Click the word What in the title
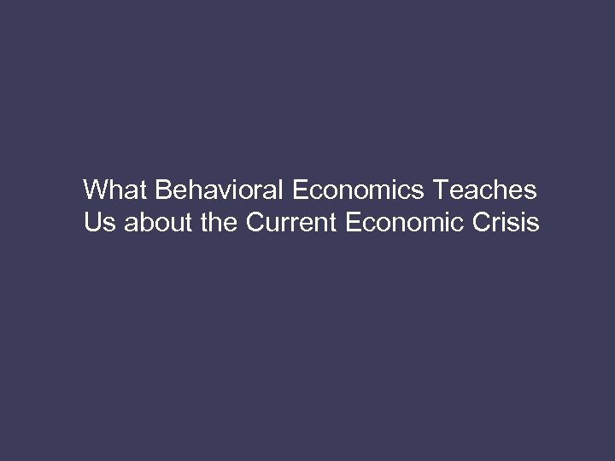point(116,188)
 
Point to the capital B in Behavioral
point(162,188)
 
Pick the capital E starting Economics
point(300,188)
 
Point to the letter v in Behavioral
point(222,190)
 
